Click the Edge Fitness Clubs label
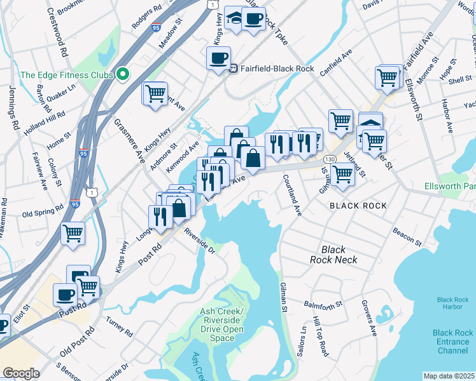tap(66, 75)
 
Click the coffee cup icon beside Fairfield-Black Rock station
tap(218, 58)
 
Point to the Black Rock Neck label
tap(333, 255)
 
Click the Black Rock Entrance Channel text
tap(452, 342)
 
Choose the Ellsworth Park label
tap(450, 187)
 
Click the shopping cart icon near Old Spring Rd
tap(73, 233)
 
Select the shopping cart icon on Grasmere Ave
tap(155, 94)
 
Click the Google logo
tap(21, 373)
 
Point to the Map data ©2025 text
tap(449, 376)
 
